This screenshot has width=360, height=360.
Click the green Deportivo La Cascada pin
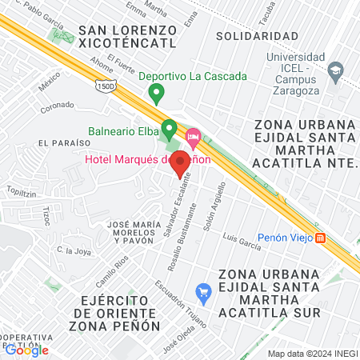click(x=157, y=94)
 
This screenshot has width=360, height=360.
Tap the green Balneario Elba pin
click(x=169, y=128)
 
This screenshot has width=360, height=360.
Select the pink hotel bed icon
click(x=193, y=137)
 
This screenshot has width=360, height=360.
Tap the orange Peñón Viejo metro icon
click(x=321, y=238)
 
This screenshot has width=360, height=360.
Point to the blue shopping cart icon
click(x=203, y=292)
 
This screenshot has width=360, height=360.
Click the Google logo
click(x=26, y=350)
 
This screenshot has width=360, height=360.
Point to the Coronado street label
click(x=58, y=105)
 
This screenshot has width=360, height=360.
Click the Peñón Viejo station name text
click(x=288, y=238)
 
